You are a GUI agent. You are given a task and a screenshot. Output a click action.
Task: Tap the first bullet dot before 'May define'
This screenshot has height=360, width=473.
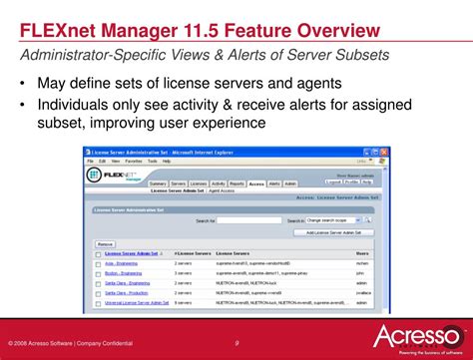pyautogui.click(x=22, y=83)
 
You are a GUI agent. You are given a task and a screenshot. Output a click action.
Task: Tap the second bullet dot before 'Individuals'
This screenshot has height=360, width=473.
pyautogui.click(x=22, y=104)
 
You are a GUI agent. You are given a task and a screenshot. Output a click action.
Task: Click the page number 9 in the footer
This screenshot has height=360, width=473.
pyautogui.click(x=236, y=343)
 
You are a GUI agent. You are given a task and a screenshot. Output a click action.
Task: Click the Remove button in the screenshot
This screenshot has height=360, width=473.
pyautogui.click(x=105, y=243)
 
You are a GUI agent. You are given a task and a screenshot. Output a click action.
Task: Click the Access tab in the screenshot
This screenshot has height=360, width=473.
pyautogui.click(x=256, y=183)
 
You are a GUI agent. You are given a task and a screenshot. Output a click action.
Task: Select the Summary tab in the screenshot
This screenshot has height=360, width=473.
pyautogui.click(x=158, y=183)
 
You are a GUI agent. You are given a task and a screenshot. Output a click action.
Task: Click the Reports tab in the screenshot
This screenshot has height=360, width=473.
pyautogui.click(x=236, y=183)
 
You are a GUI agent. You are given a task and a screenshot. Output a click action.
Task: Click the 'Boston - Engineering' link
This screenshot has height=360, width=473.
pyautogui.click(x=124, y=272)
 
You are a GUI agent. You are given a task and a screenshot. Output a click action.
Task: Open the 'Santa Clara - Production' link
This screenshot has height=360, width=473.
pyautogui.click(x=128, y=291)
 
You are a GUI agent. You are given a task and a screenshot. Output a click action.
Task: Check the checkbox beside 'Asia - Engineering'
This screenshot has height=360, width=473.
pyautogui.click(x=97, y=263)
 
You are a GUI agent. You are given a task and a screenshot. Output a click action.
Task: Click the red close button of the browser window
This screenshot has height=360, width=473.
pyautogui.click(x=384, y=152)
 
